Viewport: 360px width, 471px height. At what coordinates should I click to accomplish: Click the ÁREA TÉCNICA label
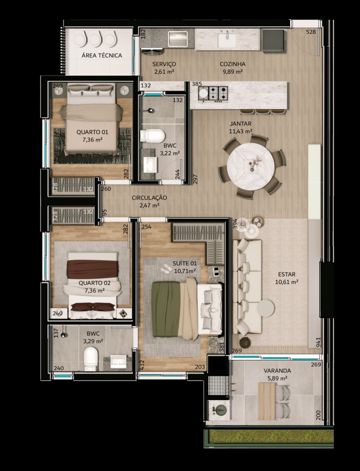pos(102,55)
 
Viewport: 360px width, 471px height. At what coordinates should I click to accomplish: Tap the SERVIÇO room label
pos(164,64)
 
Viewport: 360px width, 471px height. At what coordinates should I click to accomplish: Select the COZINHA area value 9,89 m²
pos(232,71)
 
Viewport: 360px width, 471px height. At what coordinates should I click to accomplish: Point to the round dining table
pos(251,167)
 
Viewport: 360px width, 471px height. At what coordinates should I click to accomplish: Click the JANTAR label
pos(240,123)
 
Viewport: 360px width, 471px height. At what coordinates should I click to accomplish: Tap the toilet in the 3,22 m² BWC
pos(152,136)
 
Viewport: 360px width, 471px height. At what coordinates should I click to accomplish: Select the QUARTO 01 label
pos(92,132)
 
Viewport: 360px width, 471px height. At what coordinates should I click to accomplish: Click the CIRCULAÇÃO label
pos(149,198)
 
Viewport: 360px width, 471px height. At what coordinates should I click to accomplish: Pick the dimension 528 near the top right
pos(311,32)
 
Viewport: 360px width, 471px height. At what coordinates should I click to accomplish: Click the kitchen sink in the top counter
pos(227,39)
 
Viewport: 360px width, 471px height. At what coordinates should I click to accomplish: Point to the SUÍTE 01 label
pos(185,264)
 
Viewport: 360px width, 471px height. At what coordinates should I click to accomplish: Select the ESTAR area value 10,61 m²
pos(286,282)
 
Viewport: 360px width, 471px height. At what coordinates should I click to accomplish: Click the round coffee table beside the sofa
pos(266,308)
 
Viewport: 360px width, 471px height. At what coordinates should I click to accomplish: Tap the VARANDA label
pos(277,371)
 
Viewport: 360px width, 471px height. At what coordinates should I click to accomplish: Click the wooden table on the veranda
pos(267,401)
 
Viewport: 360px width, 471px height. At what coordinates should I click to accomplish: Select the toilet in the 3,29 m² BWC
pos(91,359)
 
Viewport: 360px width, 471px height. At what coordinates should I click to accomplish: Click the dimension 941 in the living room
pos(318,342)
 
